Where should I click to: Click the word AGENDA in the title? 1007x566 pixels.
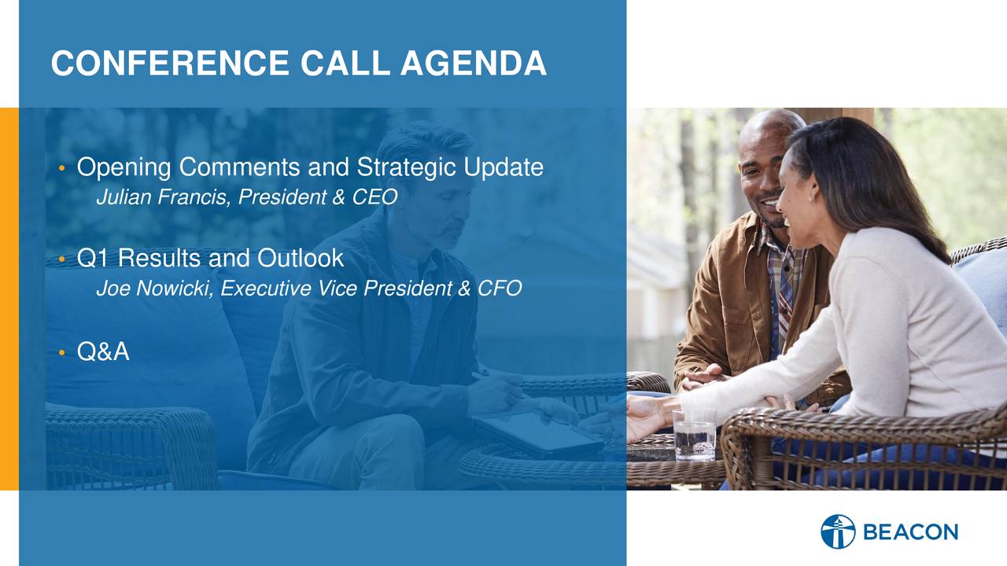[x=474, y=63]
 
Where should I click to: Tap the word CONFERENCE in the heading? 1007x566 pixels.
[x=170, y=63]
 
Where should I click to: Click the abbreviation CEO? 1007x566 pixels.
[x=374, y=197]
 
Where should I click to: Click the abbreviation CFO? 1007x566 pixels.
[x=500, y=288]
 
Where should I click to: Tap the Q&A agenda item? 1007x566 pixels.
[x=103, y=351]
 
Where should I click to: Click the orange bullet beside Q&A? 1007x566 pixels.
[x=62, y=352]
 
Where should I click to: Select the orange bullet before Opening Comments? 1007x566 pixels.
[x=62, y=168]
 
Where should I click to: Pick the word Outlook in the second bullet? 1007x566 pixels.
[x=301, y=258]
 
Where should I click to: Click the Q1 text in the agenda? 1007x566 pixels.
[x=93, y=259]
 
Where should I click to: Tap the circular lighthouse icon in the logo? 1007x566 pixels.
[x=838, y=531]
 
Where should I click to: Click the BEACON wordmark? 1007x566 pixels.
[x=911, y=532]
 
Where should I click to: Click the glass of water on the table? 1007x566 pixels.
[x=695, y=435]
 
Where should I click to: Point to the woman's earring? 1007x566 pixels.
[x=812, y=197]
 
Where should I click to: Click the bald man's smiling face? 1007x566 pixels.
[x=764, y=184]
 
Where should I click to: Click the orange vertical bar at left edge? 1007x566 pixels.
[x=9, y=299]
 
